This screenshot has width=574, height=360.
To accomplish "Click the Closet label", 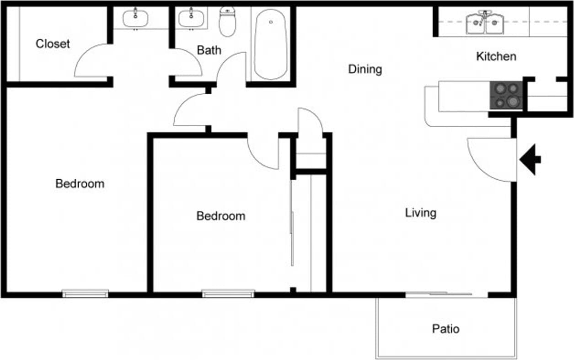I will pyautogui.click(x=53, y=44).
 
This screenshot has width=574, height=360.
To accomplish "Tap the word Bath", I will pyautogui.click(x=209, y=50).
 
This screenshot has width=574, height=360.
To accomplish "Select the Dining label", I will pyautogui.click(x=365, y=69).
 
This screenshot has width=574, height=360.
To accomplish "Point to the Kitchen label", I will pyautogui.click(x=496, y=56).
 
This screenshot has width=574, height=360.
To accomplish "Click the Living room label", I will pyautogui.click(x=421, y=213).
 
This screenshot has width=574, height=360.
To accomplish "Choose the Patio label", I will pyautogui.click(x=445, y=328).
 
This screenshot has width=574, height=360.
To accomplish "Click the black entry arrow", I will pyautogui.click(x=531, y=160).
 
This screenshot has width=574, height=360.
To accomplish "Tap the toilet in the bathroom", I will pyautogui.click(x=227, y=22).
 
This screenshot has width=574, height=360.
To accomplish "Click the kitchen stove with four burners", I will pyautogui.click(x=506, y=95).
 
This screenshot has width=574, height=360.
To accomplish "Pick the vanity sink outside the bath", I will pyautogui.click(x=135, y=18).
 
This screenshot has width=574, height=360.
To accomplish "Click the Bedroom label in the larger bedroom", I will pyautogui.click(x=80, y=183).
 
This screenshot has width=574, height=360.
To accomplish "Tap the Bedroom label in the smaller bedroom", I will pyautogui.click(x=220, y=215).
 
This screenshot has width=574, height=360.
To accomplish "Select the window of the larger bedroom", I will pyautogui.click(x=86, y=293).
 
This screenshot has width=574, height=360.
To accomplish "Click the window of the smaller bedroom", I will pyautogui.click(x=228, y=293).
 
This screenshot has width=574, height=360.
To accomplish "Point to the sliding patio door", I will pyautogui.click(x=446, y=295).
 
